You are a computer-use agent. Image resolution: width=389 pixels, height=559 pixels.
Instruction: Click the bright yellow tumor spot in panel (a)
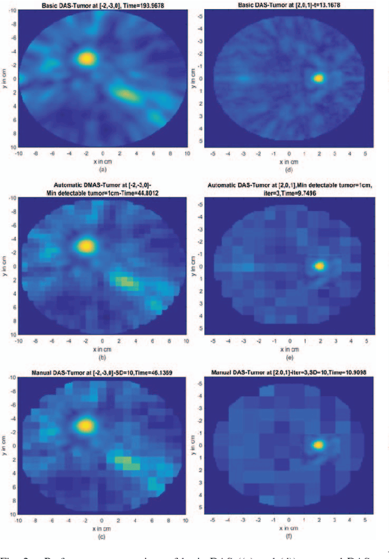point(87,58)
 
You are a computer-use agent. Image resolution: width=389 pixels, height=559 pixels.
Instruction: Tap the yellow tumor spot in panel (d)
point(319,78)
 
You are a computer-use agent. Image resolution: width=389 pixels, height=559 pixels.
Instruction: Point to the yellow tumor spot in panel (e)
point(320,266)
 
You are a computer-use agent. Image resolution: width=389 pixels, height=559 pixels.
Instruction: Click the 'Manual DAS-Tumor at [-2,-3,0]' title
point(102,371)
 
